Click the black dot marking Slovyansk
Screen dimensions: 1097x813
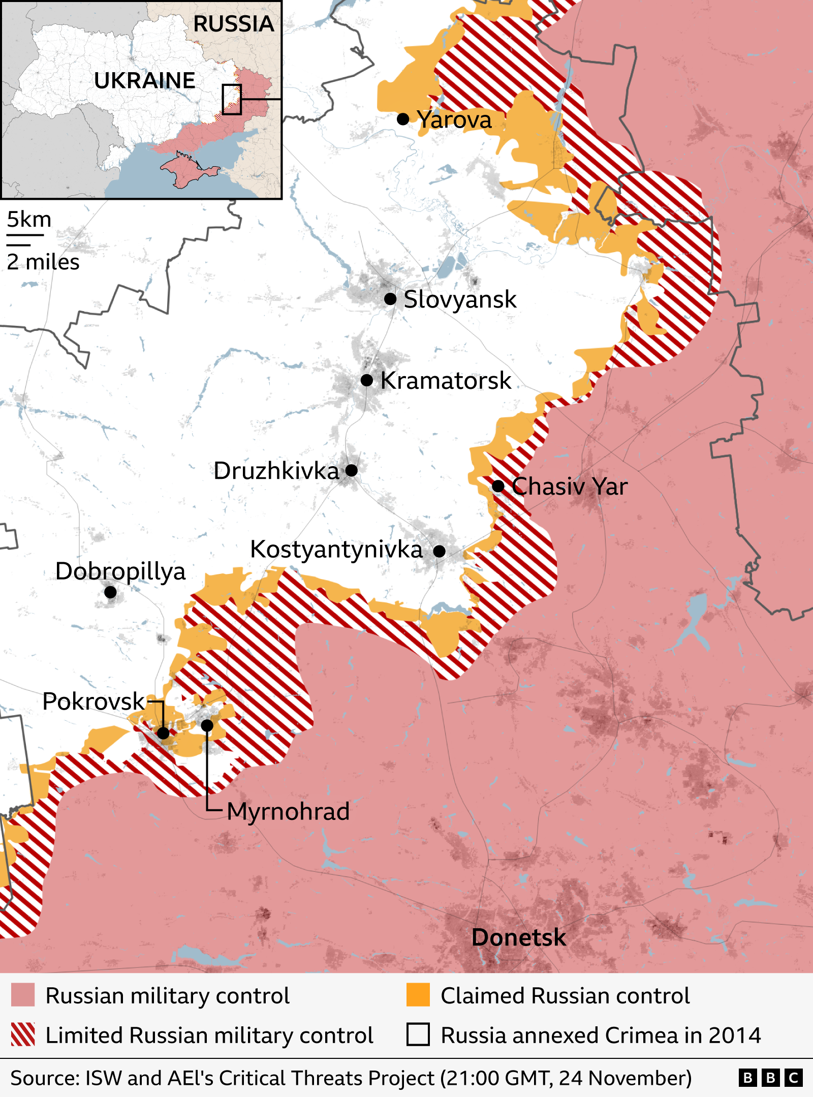pos(390,299)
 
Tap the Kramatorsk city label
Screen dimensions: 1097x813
pos(446,380)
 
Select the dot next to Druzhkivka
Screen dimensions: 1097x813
pos(352,470)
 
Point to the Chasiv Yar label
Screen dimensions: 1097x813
pos(569,486)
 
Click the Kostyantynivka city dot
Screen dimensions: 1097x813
pos(440,551)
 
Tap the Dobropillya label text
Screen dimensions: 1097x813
pos(120,571)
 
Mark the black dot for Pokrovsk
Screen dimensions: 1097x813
pos(163,733)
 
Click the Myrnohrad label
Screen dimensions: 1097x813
pos(288,811)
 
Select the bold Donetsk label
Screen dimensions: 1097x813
pos(518,937)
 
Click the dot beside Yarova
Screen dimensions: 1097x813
pos(403,119)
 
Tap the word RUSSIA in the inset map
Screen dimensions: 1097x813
pos(233,24)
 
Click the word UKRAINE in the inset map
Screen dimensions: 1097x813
pos(145,80)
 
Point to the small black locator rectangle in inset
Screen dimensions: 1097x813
pos(231,99)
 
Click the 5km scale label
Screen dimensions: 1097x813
pos(29,220)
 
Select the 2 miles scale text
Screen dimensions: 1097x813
pos(43,262)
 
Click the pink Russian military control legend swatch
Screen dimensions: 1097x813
pos(23,995)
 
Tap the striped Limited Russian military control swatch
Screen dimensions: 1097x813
pos(23,1034)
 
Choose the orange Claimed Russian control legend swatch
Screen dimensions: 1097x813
pos(418,995)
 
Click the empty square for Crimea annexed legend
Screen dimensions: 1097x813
pos(418,1034)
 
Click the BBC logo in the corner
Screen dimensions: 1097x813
pos(770,1078)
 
